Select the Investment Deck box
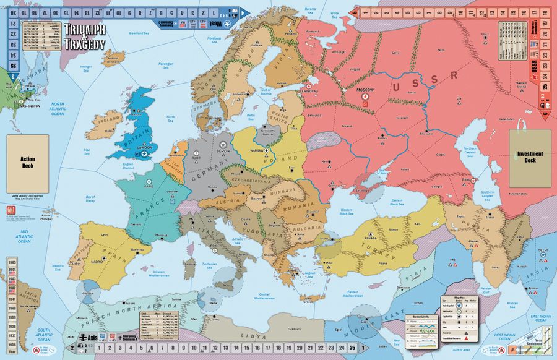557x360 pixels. pos(530,157)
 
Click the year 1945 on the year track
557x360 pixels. pos(12,263)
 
